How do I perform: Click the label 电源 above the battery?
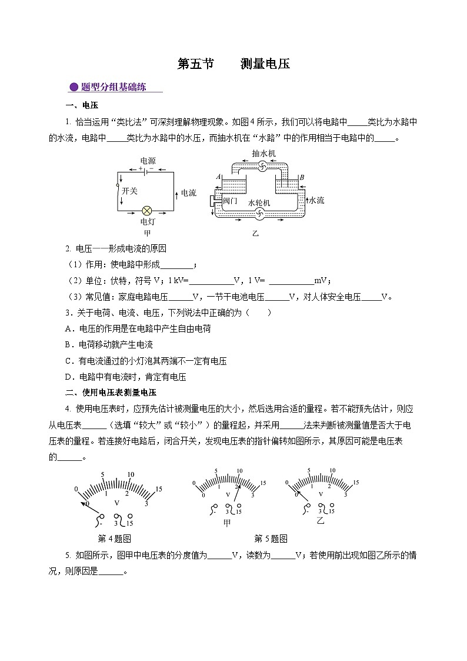click(x=148, y=161)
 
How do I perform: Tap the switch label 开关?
click(x=129, y=191)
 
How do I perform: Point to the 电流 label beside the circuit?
click(x=188, y=192)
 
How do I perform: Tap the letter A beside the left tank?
click(x=218, y=177)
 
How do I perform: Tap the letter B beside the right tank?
click(x=301, y=177)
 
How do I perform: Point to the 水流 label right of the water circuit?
click(x=316, y=200)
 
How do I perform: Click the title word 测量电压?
click(x=265, y=64)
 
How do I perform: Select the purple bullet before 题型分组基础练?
click(x=74, y=88)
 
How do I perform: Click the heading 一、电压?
click(x=82, y=105)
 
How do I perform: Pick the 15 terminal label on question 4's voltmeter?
click(x=129, y=523)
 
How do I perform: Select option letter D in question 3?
click(x=68, y=377)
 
